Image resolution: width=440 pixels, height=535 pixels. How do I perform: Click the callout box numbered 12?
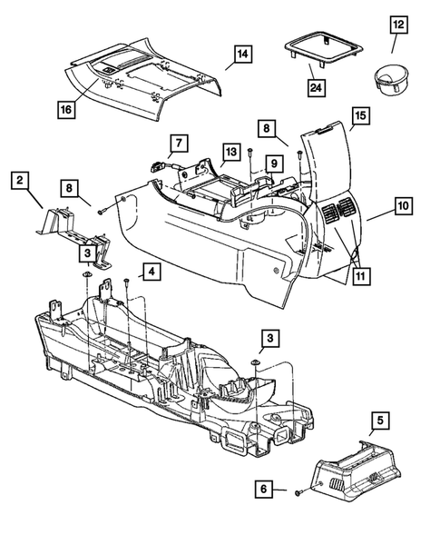(x=398, y=23)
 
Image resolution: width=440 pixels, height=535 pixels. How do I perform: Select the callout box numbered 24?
(x=316, y=87)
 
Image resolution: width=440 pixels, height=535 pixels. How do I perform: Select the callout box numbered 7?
(x=177, y=144)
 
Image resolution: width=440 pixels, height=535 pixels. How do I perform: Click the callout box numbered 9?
(x=271, y=164)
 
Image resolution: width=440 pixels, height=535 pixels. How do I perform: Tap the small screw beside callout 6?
(x=297, y=491)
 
